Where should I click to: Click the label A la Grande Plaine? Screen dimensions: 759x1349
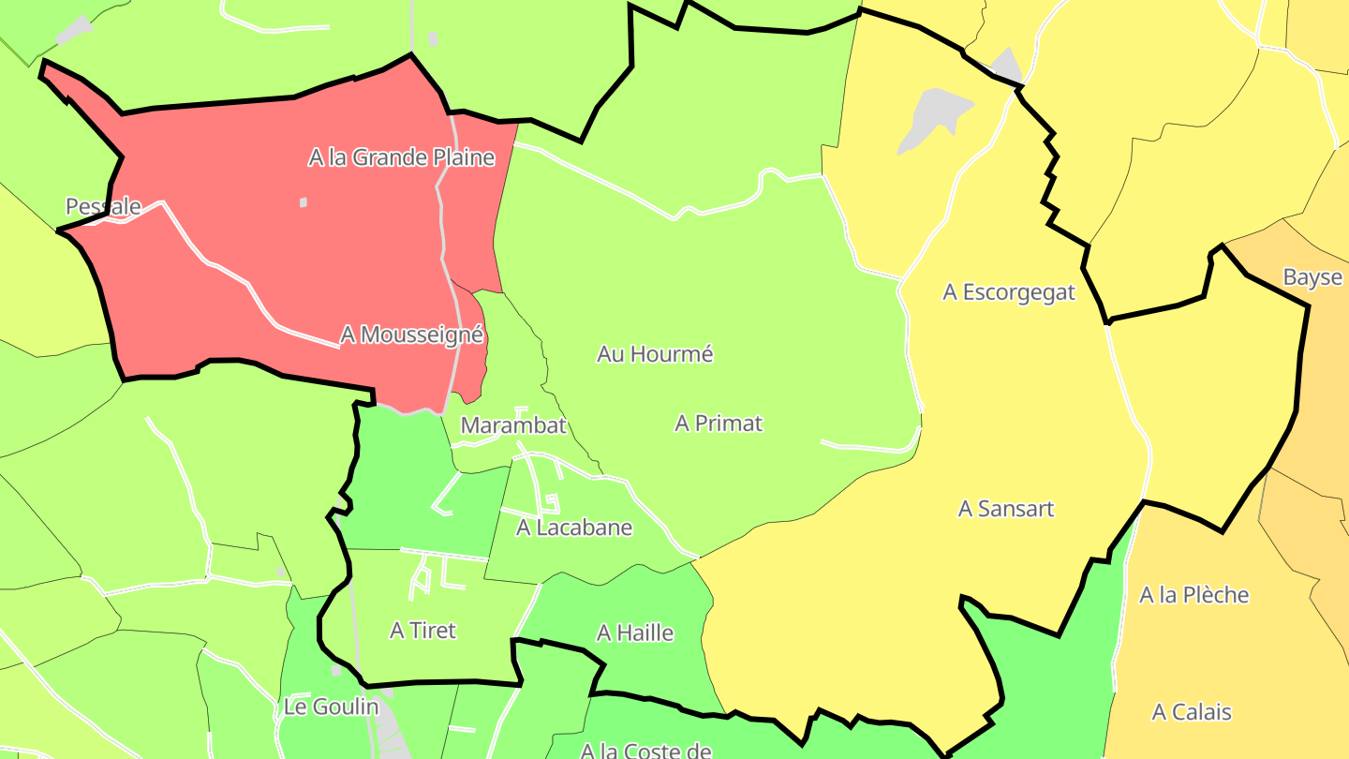401,157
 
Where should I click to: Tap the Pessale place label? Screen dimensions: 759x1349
103,206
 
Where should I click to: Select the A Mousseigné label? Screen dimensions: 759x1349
411,335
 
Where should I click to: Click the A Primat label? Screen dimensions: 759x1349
719,424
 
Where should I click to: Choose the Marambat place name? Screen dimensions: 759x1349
513,425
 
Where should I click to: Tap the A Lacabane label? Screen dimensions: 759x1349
574,528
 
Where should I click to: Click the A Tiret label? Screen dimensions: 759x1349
422,631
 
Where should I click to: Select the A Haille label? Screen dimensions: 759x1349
635,633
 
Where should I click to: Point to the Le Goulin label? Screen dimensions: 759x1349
331,707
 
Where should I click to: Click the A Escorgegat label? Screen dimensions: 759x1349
1009,292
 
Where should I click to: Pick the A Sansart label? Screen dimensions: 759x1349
1005,509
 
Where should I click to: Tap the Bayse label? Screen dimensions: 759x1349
1312,277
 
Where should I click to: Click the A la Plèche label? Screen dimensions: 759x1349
1193,595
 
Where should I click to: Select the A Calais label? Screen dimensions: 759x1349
1192,712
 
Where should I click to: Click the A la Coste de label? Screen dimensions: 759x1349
645,750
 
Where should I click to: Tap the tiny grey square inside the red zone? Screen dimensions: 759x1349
303,201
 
